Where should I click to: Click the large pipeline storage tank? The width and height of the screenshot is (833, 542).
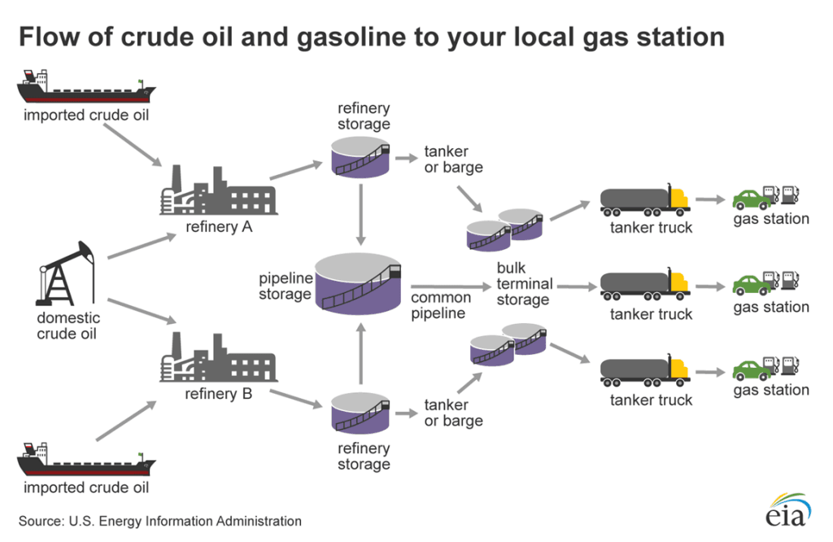[x=358, y=281]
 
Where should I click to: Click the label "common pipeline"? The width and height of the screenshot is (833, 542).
[x=438, y=305]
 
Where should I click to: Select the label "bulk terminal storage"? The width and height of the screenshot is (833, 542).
[x=523, y=284]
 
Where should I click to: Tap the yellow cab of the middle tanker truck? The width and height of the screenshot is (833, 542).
[x=679, y=282]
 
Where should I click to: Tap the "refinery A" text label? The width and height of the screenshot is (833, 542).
[x=219, y=227]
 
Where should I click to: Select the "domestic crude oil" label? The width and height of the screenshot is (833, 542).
[x=68, y=326]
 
